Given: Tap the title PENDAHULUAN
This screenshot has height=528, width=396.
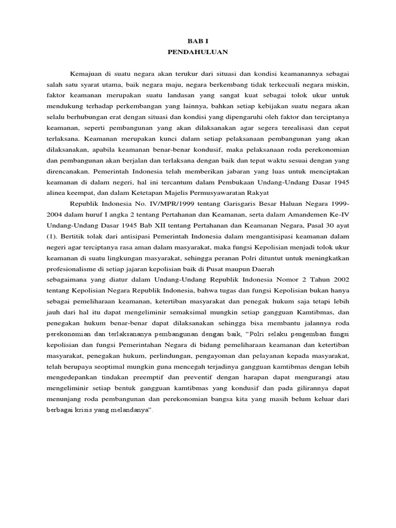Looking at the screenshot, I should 197,52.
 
